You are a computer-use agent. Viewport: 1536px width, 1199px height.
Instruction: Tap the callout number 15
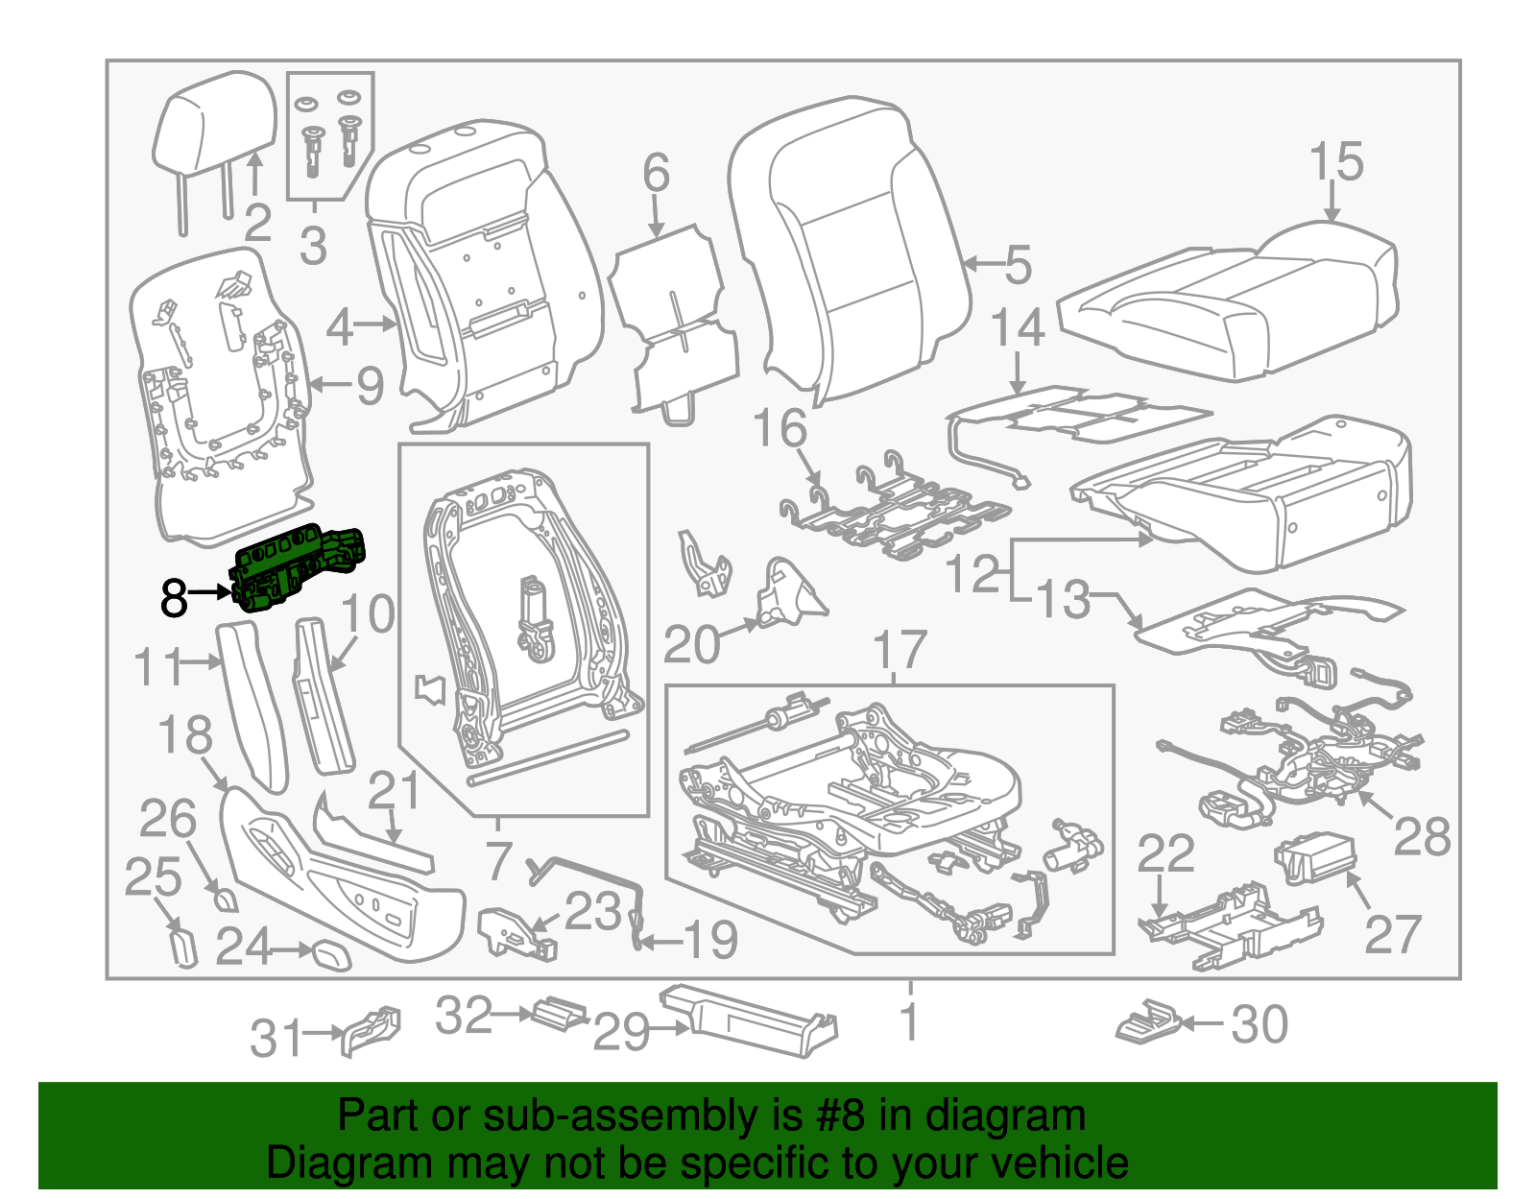[1335, 162]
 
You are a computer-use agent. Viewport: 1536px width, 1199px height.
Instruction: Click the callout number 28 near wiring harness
[1421, 837]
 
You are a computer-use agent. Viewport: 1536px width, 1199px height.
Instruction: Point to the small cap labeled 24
[332, 956]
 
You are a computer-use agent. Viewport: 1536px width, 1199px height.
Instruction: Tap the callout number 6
[656, 174]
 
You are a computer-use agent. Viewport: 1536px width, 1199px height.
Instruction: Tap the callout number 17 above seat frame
[900, 651]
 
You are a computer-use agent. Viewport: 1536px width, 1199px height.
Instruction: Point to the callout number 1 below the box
[910, 1020]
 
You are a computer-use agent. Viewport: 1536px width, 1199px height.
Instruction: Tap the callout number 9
[370, 386]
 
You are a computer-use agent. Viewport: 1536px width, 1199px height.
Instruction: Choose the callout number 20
[691, 645]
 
